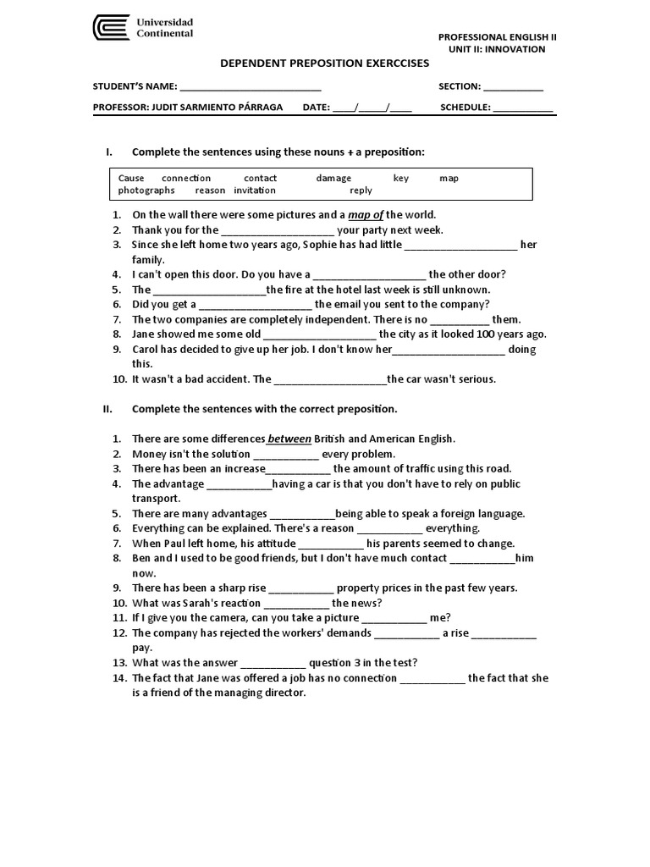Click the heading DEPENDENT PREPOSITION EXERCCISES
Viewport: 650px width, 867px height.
point(324,64)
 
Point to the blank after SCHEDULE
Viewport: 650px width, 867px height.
point(523,108)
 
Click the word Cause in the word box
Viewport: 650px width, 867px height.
point(131,179)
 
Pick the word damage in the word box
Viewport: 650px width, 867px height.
point(333,179)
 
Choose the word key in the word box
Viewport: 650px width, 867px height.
point(400,179)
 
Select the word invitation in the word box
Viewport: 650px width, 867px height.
point(255,191)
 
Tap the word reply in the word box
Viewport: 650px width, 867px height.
point(361,191)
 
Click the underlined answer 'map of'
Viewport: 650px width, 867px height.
point(366,215)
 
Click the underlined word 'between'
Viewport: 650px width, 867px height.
point(289,439)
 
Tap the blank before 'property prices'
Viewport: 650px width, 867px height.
point(301,588)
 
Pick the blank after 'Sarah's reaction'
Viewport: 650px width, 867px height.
point(296,604)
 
